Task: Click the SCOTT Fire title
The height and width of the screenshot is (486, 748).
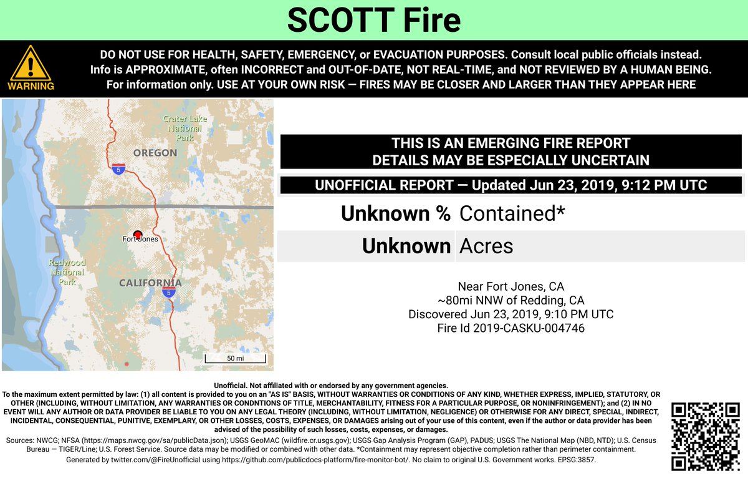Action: click(373, 20)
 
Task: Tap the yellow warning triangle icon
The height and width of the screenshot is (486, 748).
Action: click(30, 64)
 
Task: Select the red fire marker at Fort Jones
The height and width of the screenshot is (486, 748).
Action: click(138, 233)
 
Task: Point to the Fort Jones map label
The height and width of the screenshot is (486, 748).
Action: click(140, 239)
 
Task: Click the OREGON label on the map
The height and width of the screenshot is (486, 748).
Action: click(155, 153)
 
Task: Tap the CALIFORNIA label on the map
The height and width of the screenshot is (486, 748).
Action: click(150, 283)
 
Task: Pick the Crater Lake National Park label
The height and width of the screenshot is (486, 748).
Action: click(185, 128)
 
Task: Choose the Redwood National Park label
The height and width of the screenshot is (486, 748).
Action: click(67, 273)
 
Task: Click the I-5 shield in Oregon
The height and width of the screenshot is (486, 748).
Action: click(119, 168)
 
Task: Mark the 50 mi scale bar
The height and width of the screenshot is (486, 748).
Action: click(236, 359)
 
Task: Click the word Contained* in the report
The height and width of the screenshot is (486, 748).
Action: click(512, 213)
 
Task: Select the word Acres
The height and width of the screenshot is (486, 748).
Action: click(486, 246)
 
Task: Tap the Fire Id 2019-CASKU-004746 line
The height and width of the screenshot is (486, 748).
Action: click(511, 328)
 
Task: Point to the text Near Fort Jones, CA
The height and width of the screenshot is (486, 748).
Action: click(511, 286)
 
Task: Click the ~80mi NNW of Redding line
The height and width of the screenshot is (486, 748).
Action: click(511, 300)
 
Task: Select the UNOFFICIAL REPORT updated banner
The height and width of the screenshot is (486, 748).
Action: click(511, 185)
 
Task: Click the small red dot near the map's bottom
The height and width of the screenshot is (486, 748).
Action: click(127, 363)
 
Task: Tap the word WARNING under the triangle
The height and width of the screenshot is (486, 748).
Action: click(31, 86)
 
